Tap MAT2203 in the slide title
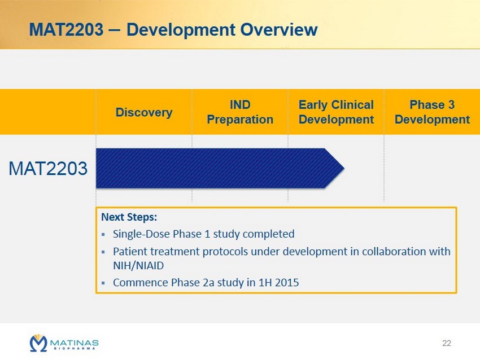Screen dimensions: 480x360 point(67,30)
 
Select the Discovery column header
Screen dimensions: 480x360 point(144,112)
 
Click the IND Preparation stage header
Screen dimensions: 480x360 point(240,112)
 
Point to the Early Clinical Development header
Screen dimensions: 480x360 point(336,112)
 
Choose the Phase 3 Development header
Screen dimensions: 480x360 point(432,112)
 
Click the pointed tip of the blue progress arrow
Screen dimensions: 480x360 point(344,168)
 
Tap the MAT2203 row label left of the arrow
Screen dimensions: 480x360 point(48,168)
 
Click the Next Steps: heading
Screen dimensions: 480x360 point(129,217)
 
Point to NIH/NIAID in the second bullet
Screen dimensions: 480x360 point(138,266)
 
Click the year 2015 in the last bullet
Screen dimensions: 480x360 point(287,282)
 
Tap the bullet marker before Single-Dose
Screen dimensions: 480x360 point(103,235)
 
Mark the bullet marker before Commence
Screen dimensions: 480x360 point(103,283)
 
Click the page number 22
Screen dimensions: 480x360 point(447,343)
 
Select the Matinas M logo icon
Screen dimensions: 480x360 point(38,343)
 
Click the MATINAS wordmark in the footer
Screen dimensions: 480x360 point(74,343)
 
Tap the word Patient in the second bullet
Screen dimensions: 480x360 point(130,252)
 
